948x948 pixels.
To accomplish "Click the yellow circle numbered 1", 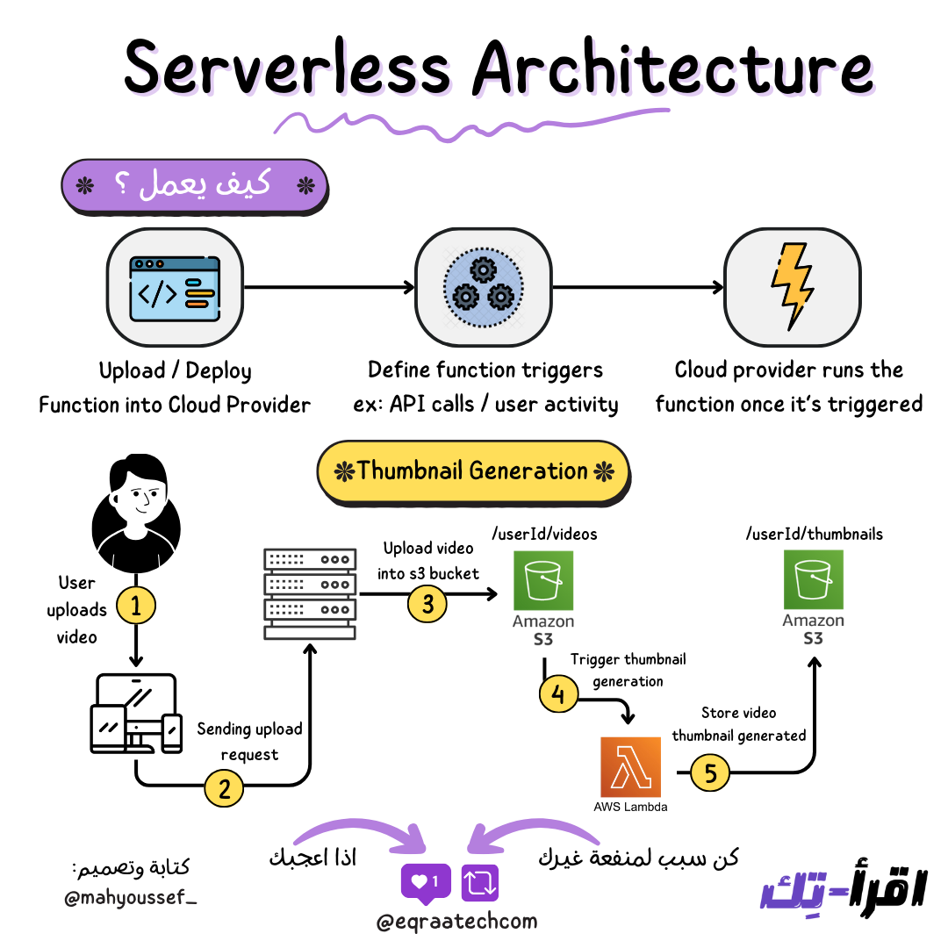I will coord(135,605).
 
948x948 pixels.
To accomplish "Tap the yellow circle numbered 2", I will coord(224,788).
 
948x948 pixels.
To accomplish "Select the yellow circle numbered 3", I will coord(427,605).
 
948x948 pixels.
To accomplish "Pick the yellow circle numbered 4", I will coord(558,695).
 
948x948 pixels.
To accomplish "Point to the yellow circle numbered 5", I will coord(711,772).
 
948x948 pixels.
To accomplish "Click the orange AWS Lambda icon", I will coord(629,766).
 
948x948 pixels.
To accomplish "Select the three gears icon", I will coord(483,287).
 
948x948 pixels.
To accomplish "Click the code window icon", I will coord(175,287).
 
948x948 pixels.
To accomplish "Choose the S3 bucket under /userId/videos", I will coord(543,580).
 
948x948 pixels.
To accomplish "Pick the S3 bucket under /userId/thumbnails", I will coord(813,580).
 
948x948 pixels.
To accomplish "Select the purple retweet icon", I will coord(481,881).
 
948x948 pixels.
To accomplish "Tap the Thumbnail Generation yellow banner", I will coord(473,471).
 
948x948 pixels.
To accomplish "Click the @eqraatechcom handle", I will coord(456,922).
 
